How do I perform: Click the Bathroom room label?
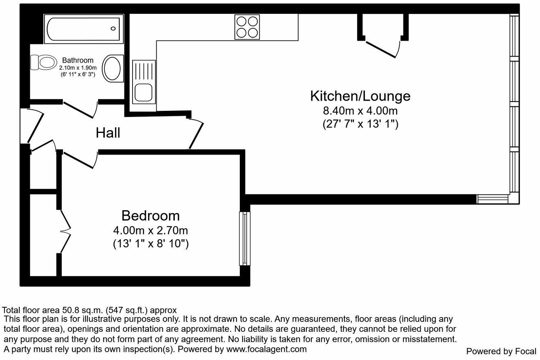[x=78, y=61]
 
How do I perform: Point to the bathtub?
[x=82, y=29]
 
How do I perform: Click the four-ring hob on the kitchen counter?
[x=247, y=27]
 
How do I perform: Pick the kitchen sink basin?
[x=144, y=92]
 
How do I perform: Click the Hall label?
[x=108, y=133]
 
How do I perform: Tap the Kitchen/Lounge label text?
[x=360, y=96]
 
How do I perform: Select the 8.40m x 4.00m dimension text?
[x=360, y=111]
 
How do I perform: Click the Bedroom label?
[x=151, y=216]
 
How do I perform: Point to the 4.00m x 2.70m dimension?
[x=151, y=230]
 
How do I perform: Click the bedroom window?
[x=244, y=239]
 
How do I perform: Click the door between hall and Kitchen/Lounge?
[x=196, y=133]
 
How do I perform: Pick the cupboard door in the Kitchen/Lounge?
[x=382, y=48]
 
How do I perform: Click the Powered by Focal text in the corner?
[x=501, y=351]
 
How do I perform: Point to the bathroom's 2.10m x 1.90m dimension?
[x=78, y=67]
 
